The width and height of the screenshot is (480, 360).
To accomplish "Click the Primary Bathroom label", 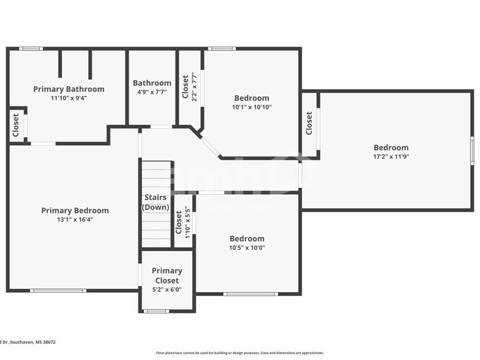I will (x=69, y=89).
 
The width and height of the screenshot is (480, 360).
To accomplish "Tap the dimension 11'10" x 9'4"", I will (x=69, y=98).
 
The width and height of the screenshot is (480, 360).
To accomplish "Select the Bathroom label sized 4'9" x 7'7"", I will (x=152, y=83).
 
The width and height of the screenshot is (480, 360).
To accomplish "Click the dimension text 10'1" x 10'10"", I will (x=252, y=107).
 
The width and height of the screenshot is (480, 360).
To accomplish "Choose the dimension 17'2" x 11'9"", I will (x=391, y=157).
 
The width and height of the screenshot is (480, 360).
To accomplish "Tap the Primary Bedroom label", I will (x=75, y=211).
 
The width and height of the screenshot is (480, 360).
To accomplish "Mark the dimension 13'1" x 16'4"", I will (x=75, y=220).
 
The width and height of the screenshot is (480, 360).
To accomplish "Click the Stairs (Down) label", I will (x=156, y=202).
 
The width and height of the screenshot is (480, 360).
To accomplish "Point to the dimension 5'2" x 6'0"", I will (x=167, y=290).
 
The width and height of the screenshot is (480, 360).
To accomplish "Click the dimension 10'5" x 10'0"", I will (x=247, y=248).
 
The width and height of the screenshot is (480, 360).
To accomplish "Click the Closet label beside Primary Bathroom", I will (x=16, y=126).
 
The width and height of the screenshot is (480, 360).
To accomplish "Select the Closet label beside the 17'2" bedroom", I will (x=309, y=123).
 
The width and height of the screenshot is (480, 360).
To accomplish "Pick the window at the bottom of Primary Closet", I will (x=156, y=311).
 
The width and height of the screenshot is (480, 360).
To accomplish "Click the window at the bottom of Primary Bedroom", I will (x=58, y=291).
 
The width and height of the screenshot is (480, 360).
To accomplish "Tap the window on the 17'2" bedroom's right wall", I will (x=472, y=151).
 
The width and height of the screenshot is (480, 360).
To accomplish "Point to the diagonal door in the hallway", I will (x=210, y=146).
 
